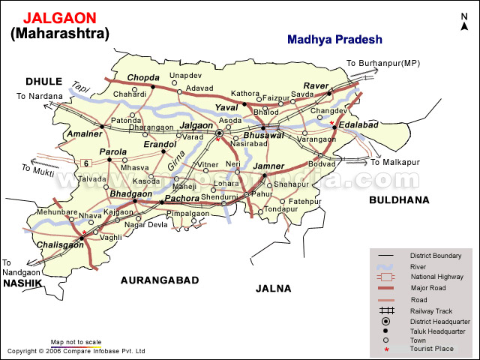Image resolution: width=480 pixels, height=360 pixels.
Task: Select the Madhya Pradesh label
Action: [x=334, y=40]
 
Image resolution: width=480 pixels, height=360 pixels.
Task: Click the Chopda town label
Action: [x=142, y=77]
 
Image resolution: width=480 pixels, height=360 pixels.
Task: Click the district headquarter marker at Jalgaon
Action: [x=219, y=133]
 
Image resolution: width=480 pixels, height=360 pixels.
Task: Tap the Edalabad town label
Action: [x=358, y=125]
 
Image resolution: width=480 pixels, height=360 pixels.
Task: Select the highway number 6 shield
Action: [x=86, y=163]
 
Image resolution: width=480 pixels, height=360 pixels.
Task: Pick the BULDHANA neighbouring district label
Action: [x=398, y=200]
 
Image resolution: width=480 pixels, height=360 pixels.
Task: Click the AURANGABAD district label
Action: [x=160, y=280]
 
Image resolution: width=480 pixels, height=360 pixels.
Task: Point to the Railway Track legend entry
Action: [x=430, y=310]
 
